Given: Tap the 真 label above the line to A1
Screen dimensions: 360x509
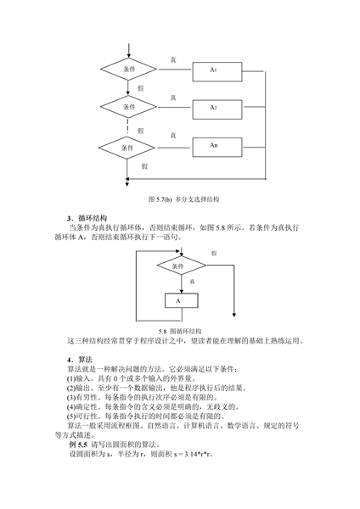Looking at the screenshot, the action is (173, 60).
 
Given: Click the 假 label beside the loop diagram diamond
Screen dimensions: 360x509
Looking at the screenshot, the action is (214, 253).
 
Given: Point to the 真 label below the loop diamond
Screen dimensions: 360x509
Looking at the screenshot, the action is (192, 282).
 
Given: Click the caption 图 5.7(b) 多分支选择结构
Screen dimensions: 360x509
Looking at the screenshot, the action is (183, 199).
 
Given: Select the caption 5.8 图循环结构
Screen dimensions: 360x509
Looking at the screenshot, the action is (180, 332).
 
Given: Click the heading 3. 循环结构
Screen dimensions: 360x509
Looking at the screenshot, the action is (87, 218).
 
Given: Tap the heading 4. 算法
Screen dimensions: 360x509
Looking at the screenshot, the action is (80, 360).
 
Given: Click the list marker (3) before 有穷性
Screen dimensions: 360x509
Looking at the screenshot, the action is (71, 397).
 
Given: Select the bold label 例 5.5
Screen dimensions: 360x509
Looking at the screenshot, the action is (78, 445).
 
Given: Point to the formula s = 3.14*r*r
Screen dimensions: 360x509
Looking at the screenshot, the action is (193, 454).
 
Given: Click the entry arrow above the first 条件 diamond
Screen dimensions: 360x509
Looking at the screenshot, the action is (129, 51).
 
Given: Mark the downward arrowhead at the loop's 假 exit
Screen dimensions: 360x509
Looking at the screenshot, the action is (234, 315).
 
